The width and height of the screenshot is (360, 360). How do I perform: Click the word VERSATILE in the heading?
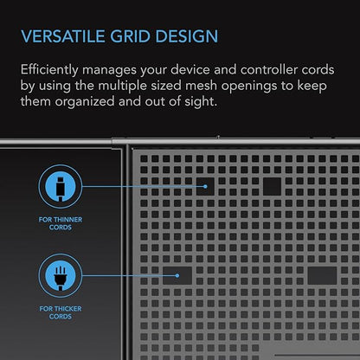pos(62,36)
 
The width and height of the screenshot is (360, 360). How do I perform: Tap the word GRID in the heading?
pos(130,36)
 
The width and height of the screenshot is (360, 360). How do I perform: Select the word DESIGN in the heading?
pos(187,36)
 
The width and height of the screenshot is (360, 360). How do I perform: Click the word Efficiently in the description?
pos(49,70)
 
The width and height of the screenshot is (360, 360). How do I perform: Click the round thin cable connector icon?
pos(61,187)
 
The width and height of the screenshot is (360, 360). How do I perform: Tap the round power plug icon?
pos(61,275)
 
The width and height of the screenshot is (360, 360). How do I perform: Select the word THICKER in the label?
pos(68,309)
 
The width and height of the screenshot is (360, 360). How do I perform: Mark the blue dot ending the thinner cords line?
pos(205,187)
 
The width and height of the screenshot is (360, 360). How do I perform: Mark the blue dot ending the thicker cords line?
pos(177,276)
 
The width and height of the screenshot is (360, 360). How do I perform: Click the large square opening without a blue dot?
pos(272,187)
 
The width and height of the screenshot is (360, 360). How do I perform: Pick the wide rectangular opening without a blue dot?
pos(322,275)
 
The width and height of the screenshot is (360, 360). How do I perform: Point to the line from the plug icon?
pos(129,275)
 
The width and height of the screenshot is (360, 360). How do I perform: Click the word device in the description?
pos(190,70)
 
